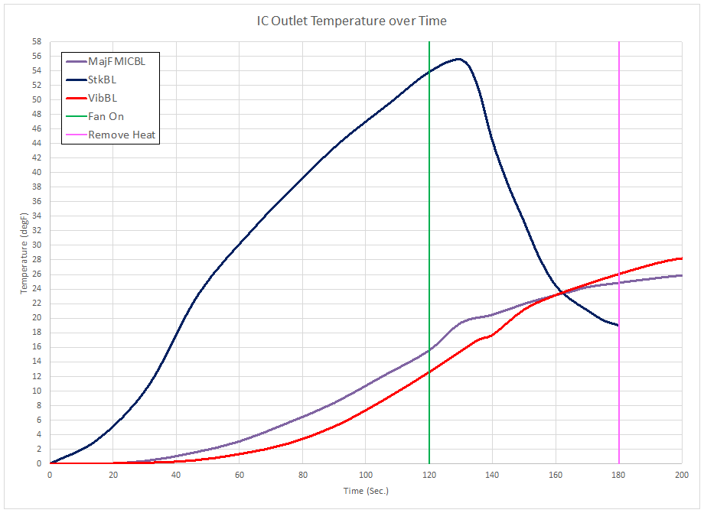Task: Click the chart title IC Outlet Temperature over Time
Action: click(x=352, y=21)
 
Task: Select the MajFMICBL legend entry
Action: click(x=116, y=61)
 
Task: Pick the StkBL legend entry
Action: click(x=103, y=80)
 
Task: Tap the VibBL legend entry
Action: click(x=103, y=98)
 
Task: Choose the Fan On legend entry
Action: click(x=106, y=116)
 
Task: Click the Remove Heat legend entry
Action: click(x=122, y=135)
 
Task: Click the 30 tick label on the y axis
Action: click(x=36, y=245)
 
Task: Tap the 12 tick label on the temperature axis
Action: click(x=36, y=376)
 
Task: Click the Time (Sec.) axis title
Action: click(x=365, y=490)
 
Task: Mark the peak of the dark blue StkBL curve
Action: click(x=458, y=59)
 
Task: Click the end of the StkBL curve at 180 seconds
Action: click(x=618, y=325)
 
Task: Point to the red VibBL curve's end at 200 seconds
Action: click(x=681, y=258)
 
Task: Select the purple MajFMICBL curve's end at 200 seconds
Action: click(x=681, y=275)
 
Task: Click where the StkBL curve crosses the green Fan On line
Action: click(x=429, y=71)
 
